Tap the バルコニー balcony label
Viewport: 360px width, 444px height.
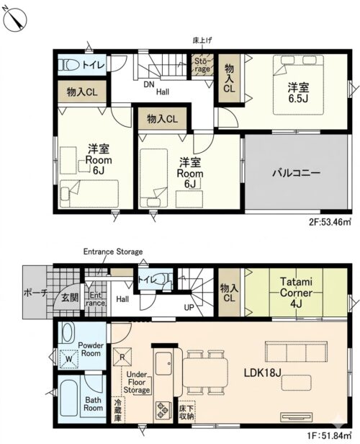(x=296, y=172)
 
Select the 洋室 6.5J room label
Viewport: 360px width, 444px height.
(x=298, y=92)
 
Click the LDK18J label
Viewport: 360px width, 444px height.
(x=262, y=373)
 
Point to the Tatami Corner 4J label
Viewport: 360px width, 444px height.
(x=296, y=293)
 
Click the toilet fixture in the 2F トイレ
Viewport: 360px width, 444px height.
(x=68, y=66)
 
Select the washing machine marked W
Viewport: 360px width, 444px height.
(x=68, y=359)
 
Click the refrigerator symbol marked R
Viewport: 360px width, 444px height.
(x=122, y=357)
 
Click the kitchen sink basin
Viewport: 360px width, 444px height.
(x=163, y=363)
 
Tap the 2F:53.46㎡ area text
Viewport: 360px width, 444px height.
(x=330, y=222)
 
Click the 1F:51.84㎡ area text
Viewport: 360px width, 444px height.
(x=330, y=434)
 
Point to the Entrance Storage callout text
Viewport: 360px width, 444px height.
(x=113, y=252)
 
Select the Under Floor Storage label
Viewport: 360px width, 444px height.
(x=137, y=382)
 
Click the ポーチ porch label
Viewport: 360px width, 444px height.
(x=35, y=293)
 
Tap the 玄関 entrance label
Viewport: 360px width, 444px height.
(x=70, y=298)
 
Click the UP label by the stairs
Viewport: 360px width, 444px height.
(x=189, y=307)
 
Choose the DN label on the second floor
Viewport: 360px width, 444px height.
(x=149, y=84)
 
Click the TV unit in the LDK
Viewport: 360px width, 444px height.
(x=297, y=417)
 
